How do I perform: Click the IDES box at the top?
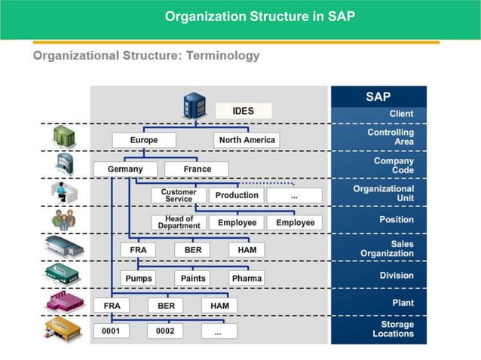243,111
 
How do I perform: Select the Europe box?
144,140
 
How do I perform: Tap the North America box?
247,140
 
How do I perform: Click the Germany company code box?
125,169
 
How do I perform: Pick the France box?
197,169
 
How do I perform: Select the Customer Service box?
178,195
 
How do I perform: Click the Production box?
237,195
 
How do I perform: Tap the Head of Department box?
178,222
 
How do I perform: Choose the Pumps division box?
139,278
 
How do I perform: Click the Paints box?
193,278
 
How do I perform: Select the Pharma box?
247,278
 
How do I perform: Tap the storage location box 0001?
112,331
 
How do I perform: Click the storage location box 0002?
165,331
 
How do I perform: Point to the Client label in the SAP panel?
401,114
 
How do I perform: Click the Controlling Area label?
391,136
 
